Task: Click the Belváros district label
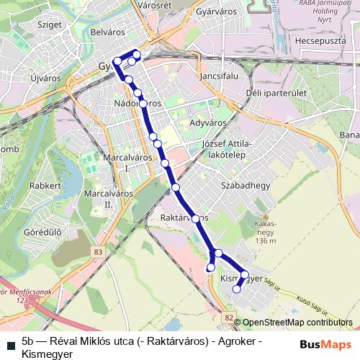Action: click(109, 32)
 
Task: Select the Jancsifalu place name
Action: click(216, 74)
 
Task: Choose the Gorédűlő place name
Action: click(42, 233)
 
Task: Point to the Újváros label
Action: click(47, 76)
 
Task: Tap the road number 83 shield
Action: click(97, 251)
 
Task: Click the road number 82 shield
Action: click(228, 317)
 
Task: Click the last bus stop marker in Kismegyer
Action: click(237, 289)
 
